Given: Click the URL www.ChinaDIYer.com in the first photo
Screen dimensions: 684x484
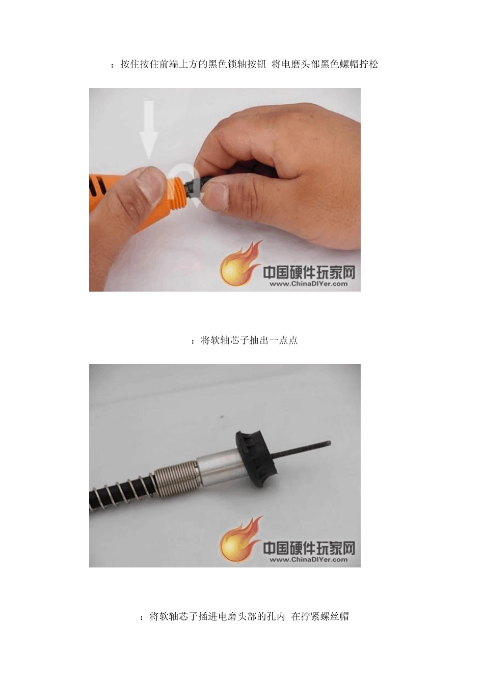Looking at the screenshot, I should pos(308,284).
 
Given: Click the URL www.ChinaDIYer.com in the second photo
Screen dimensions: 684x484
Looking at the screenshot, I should pos(308,560).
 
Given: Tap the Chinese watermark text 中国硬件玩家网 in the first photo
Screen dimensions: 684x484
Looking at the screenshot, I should pos(309,272).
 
